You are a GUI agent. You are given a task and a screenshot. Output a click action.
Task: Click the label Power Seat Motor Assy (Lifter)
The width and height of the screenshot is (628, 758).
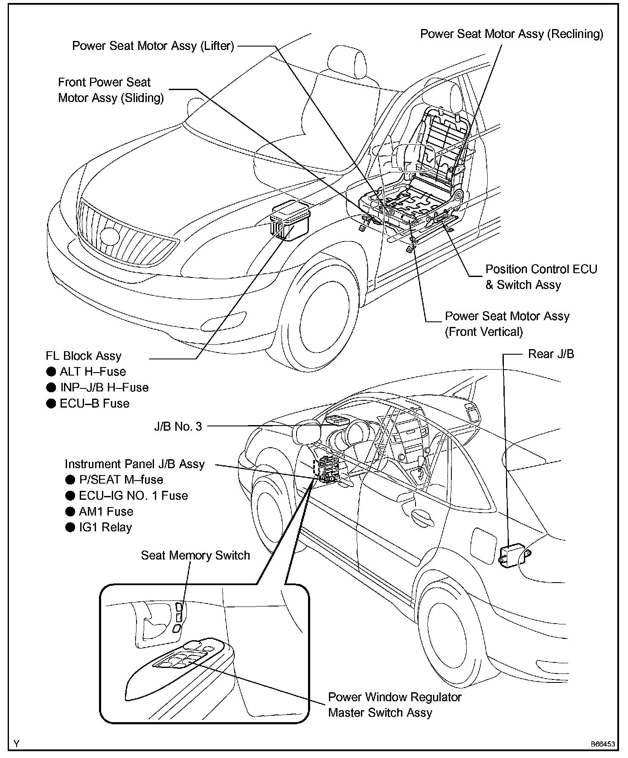153,46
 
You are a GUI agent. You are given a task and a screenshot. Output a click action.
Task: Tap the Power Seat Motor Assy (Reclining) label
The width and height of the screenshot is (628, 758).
512,34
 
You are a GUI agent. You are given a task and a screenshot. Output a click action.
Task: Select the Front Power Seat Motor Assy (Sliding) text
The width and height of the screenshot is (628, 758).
110,90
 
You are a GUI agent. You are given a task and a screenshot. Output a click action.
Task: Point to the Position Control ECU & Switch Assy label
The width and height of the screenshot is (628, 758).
541,277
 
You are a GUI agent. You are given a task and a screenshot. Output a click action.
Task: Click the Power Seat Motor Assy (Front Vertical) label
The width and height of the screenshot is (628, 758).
507,324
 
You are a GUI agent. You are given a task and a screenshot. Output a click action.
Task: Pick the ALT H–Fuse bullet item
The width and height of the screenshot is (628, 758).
93,371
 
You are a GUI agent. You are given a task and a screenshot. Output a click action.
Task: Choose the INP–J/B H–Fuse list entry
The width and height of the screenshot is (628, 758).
104,388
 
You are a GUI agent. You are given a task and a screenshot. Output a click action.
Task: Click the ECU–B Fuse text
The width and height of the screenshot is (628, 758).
94,403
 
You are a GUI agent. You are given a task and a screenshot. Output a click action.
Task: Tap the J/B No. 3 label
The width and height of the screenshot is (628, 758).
178,426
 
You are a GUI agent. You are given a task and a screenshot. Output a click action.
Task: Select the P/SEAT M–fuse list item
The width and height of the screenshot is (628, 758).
121,480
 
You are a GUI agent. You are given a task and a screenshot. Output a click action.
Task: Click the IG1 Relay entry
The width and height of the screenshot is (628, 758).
105,528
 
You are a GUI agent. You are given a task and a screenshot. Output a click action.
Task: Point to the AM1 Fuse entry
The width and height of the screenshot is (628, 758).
106,511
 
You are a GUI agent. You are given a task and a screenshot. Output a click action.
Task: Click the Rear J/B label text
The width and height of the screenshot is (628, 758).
551,354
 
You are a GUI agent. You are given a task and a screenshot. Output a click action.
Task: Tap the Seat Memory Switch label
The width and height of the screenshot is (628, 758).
195,555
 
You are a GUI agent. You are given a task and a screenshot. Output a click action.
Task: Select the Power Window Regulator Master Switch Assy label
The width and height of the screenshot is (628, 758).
394,705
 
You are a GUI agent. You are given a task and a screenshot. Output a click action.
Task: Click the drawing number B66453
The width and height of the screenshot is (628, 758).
602,744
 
